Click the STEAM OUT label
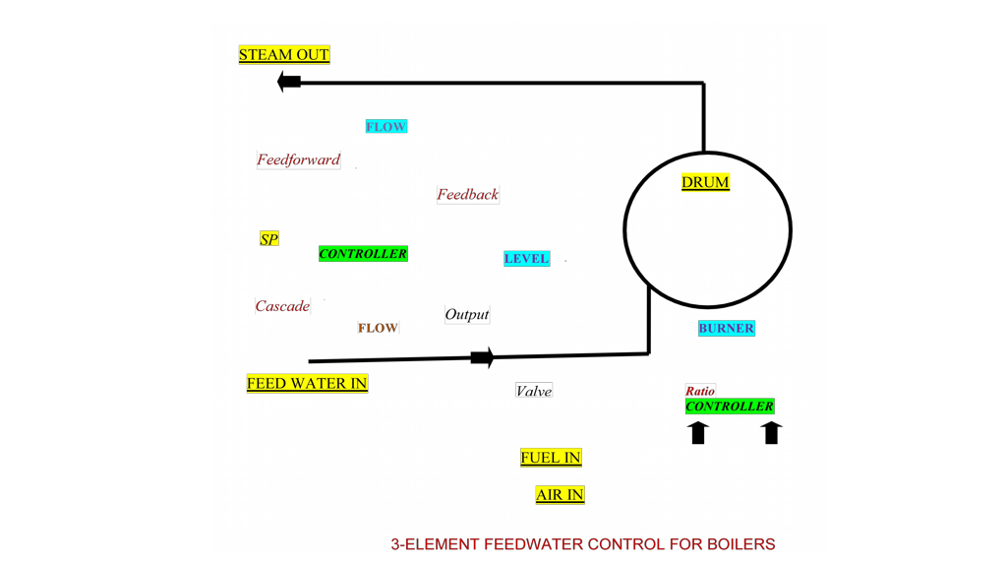coord(284,55)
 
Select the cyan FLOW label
coord(385,127)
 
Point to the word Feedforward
coord(299,159)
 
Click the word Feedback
coord(468,195)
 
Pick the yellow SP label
coord(268,239)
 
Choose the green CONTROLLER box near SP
coord(363,254)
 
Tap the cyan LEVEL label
coord(526,259)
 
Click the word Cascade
coord(282,306)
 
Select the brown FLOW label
coord(378,328)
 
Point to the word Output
coord(467,315)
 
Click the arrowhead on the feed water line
coord(482,357)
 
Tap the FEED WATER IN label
coord(307,384)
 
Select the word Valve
coord(534,391)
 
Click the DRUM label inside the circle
coord(706,182)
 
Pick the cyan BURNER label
coord(727,329)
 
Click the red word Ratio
coord(700,391)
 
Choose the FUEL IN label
coord(551,458)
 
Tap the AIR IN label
coord(560,495)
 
